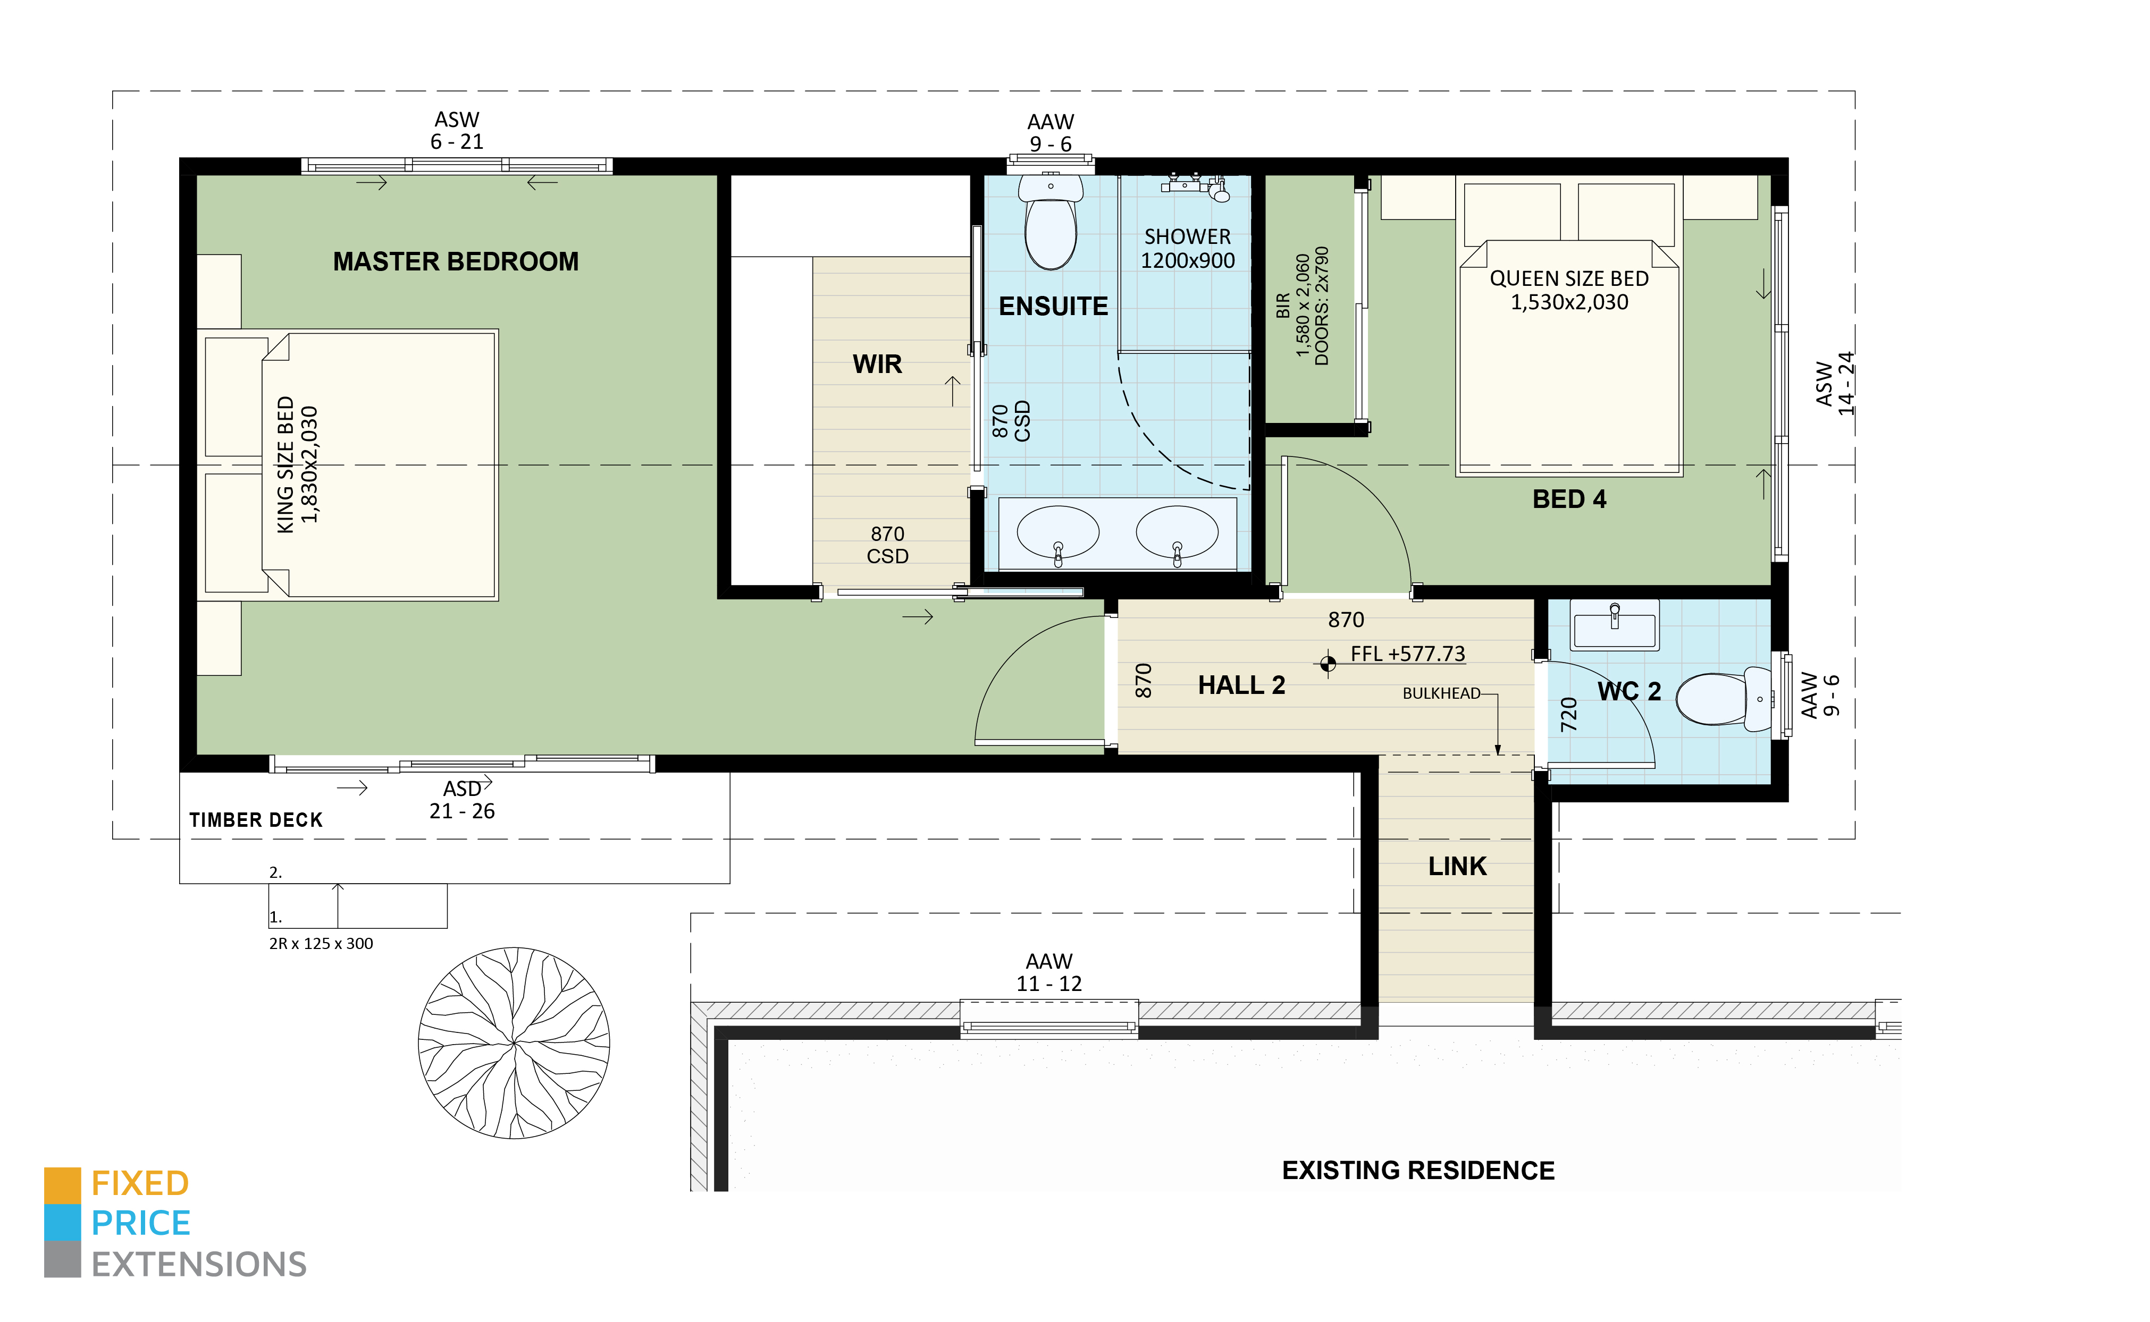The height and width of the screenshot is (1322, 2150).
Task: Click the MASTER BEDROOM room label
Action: point(456,261)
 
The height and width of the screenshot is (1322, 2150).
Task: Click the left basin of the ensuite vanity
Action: point(1057,531)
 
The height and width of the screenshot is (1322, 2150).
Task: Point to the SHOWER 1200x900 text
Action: point(1187,248)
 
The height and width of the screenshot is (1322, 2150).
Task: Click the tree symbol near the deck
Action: point(514,1042)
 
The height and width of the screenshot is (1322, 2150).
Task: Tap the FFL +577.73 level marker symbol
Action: point(1328,664)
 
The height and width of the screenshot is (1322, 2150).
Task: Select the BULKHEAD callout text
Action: point(1441,693)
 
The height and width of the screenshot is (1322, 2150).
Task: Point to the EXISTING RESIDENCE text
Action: point(1418,1171)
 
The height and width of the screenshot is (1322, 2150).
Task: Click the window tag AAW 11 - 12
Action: point(1049,972)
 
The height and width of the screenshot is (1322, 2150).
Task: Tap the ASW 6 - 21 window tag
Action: point(457,130)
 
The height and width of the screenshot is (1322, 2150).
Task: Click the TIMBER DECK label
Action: point(255,820)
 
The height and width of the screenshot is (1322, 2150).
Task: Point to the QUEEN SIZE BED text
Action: point(1569,290)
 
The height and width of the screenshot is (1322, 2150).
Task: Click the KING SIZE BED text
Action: point(297,464)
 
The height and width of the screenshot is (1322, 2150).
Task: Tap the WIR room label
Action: point(877,364)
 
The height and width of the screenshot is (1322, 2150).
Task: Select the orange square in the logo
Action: point(62,1185)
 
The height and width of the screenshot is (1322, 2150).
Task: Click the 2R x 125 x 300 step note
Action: point(321,943)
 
